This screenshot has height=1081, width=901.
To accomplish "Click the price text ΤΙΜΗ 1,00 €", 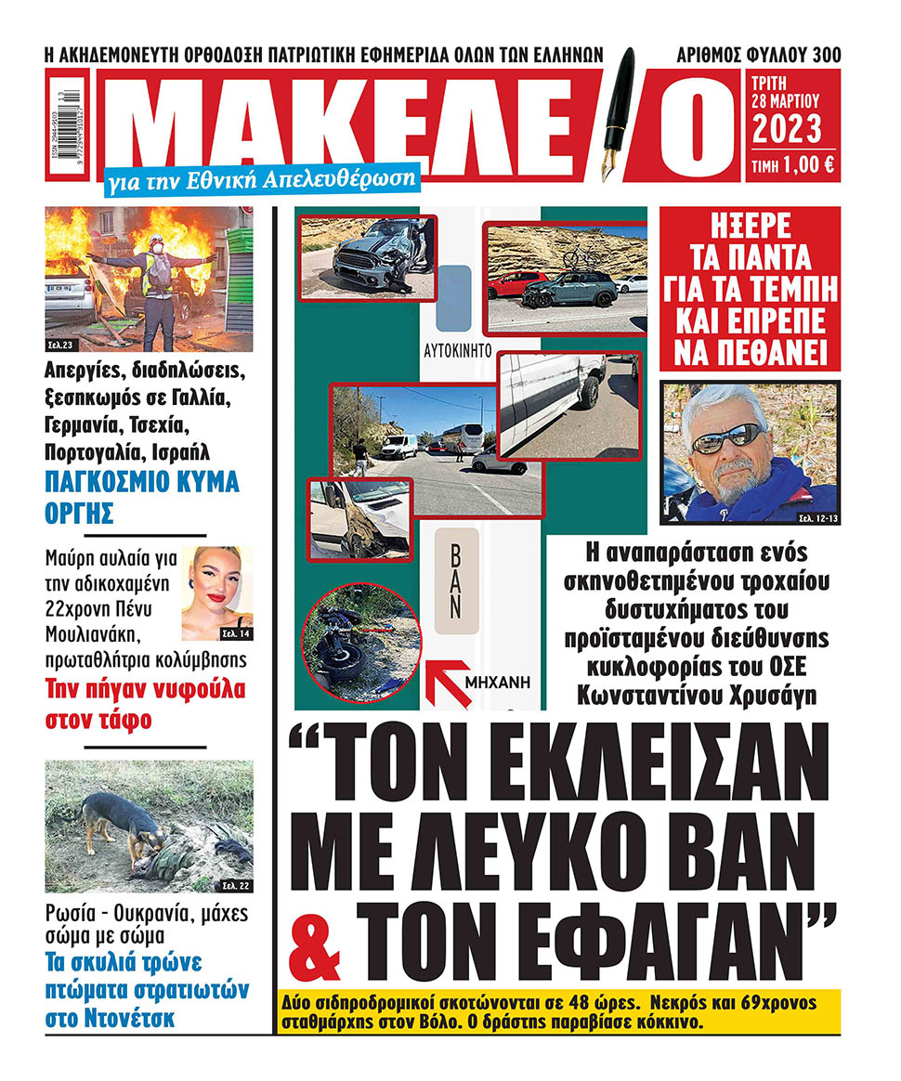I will [792, 165].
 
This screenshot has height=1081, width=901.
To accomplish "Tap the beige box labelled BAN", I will [455, 581].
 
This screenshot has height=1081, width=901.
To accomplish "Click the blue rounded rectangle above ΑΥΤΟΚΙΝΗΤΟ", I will [453, 298].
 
